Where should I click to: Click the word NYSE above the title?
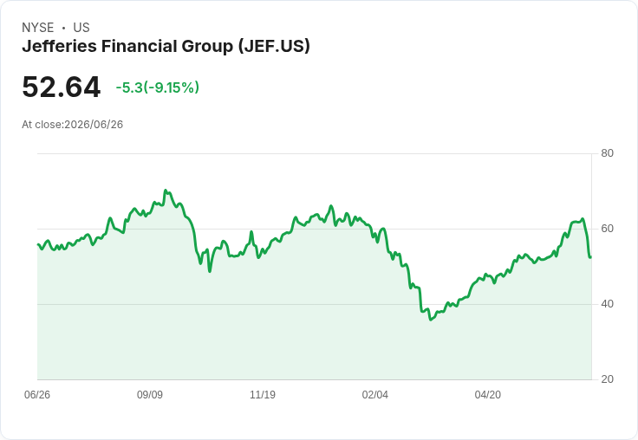click(38, 28)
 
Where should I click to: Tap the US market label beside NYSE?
click(81, 28)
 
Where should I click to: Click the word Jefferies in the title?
click(60, 46)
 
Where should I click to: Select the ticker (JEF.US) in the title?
click(274, 47)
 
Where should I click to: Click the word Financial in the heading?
click(140, 46)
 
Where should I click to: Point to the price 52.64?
click(61, 87)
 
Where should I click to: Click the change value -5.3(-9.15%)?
click(158, 87)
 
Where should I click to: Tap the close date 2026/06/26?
click(94, 125)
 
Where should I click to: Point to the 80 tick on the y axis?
click(607, 153)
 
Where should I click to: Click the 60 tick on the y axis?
click(607, 229)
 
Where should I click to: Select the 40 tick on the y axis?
click(607, 304)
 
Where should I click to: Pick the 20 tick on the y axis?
click(607, 379)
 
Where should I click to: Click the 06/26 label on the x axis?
click(37, 395)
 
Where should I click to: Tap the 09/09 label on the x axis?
click(150, 395)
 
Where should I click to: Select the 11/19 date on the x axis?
click(263, 395)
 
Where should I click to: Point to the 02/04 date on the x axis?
click(375, 395)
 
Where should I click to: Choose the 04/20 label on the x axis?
click(488, 395)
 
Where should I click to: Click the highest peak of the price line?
click(166, 190)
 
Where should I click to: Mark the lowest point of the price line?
click(431, 320)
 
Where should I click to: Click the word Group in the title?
click(207, 47)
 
